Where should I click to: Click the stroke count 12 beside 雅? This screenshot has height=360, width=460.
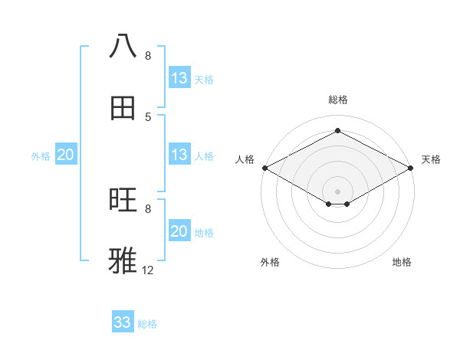tap(148, 270)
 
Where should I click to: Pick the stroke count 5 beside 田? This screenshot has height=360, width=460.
tap(148, 116)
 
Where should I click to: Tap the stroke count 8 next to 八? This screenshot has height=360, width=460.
tap(148, 56)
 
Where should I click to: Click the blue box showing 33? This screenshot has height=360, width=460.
tap(123, 322)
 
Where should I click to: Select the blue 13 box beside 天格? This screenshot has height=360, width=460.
tap(179, 78)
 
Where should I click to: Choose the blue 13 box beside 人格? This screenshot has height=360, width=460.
tap(179, 155)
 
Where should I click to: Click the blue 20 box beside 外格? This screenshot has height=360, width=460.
tap(66, 155)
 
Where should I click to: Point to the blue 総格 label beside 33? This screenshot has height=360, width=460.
tap(147, 324)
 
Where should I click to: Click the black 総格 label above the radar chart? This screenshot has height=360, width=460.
tap(337, 100)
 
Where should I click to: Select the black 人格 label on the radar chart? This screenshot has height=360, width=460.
tap(245, 159)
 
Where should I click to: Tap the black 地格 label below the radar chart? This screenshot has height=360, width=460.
tap(402, 262)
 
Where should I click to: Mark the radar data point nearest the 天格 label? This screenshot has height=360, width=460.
tap(412, 168)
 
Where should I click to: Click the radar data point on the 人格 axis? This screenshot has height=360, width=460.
tap(264, 168)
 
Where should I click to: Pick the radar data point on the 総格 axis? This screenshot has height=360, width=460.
tap(337, 131)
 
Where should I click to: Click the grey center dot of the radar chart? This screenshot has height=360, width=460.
tap(337, 191)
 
